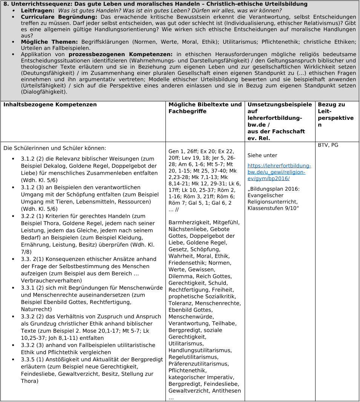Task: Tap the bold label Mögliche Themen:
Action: coord(49,41)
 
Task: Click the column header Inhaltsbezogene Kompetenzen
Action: coord(50,105)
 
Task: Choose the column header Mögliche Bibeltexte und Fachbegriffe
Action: coord(205,108)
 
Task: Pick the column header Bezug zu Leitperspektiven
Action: coord(336,115)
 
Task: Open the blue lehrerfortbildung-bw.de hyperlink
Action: coord(279,172)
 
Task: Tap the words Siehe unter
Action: coord(262,155)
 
